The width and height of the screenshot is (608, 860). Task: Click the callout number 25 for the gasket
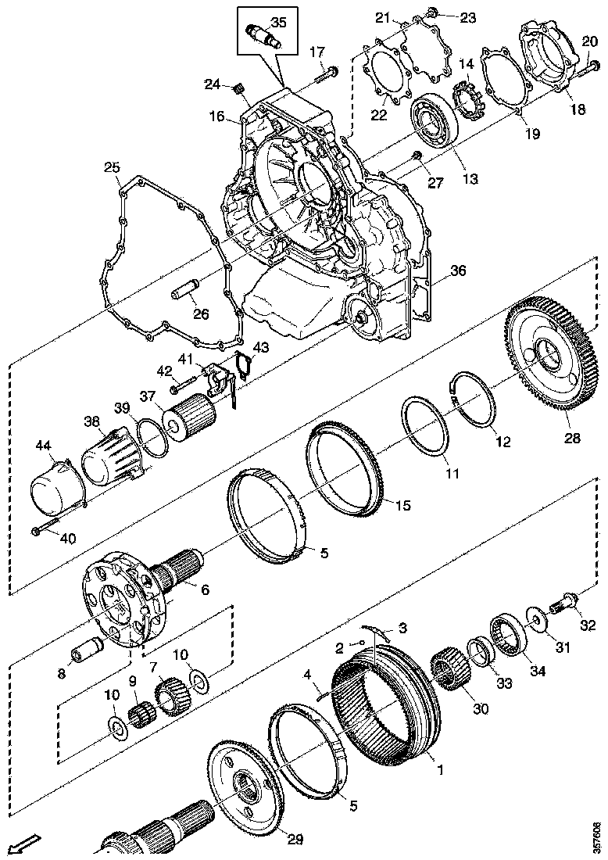(112, 168)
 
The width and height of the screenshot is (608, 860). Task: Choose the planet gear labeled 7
(170, 694)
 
